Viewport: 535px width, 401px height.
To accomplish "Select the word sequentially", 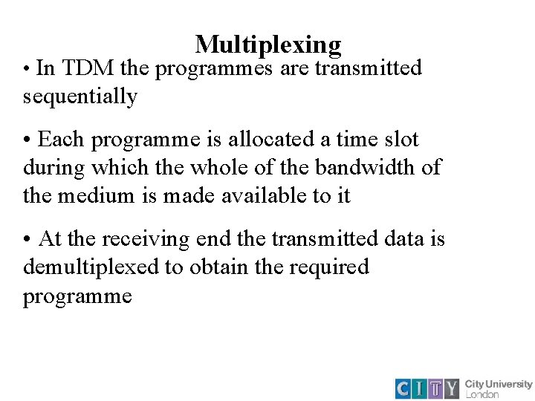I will click(80, 97).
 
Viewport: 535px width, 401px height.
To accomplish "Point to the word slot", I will click(401, 139).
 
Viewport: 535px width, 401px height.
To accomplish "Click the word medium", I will click(89, 195).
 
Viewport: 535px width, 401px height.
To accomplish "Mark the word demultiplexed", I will click(91, 267).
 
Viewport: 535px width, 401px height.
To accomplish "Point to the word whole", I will click(215, 167).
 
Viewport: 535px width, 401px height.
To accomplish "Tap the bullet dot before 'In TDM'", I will click(27, 69).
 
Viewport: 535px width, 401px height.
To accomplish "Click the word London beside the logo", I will click(482, 394).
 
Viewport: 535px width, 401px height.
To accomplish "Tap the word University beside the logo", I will click(509, 384).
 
